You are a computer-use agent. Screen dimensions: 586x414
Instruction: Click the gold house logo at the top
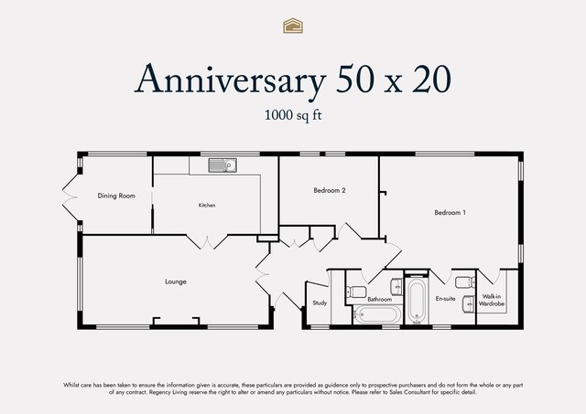293,26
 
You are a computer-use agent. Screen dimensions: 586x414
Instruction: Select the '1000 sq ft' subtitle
293,115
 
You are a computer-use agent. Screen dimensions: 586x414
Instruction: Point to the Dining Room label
116,196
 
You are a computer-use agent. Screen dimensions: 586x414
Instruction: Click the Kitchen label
207,205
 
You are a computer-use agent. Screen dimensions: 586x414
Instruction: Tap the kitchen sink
222,165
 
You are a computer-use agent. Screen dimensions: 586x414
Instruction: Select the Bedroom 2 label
330,190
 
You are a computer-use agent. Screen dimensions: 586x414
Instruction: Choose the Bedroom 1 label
450,213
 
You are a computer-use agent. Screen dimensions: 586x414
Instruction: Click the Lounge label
176,281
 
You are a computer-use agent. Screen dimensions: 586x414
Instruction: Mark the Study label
320,303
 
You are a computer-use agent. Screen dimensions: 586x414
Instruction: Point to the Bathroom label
379,299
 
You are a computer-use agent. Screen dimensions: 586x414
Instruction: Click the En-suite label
446,298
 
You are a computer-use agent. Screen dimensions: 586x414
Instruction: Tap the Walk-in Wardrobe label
492,301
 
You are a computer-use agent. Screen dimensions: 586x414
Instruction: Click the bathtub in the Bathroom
377,314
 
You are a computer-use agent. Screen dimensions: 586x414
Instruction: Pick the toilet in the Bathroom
356,292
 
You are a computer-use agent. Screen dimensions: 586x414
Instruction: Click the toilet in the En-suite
465,282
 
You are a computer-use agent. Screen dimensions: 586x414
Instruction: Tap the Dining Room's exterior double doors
70,197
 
